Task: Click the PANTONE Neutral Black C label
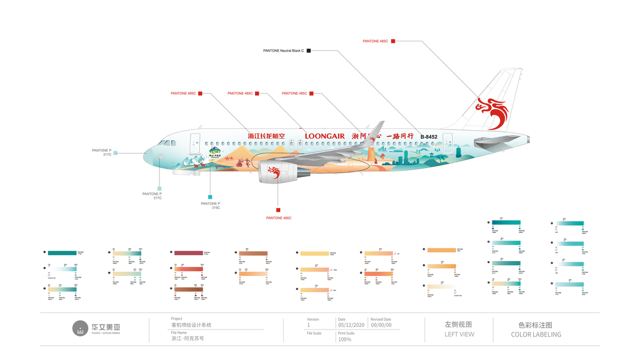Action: pyautogui.click(x=283, y=51)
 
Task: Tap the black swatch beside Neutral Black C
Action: pyautogui.click(x=308, y=51)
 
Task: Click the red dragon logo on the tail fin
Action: pyautogui.click(x=492, y=112)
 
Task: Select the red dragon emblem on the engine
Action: pyautogui.click(x=274, y=173)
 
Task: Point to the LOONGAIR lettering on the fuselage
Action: pyautogui.click(x=324, y=136)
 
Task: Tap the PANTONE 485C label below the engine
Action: pyautogui.click(x=278, y=218)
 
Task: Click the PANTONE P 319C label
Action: pyautogui.click(x=211, y=206)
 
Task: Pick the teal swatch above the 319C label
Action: pyautogui.click(x=210, y=197)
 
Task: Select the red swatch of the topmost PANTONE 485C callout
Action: pyautogui.click(x=393, y=41)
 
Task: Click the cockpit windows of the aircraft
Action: pyautogui.click(x=164, y=143)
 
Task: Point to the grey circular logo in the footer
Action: pyautogui.click(x=80, y=329)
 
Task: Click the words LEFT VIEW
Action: pyautogui.click(x=459, y=334)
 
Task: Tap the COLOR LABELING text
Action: pyautogui.click(x=536, y=334)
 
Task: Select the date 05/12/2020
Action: pyautogui.click(x=350, y=325)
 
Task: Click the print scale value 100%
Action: pyautogui.click(x=345, y=340)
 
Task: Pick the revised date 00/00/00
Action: pyautogui.click(x=381, y=325)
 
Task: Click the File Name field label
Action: pyautogui.click(x=179, y=332)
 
